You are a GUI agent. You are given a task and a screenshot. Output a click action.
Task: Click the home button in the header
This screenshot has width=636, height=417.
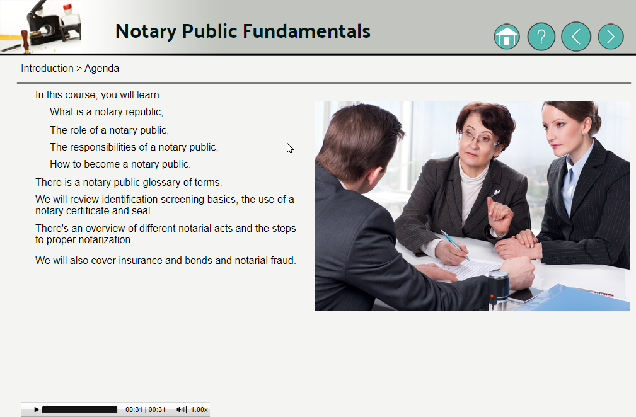tap(507, 37)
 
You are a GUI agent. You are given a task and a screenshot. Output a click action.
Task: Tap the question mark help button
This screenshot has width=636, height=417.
tap(541, 37)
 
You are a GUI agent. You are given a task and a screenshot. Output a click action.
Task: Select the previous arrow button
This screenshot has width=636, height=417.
tap(576, 37)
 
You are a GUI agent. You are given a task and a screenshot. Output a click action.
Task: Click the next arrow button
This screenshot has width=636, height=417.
tap(610, 37)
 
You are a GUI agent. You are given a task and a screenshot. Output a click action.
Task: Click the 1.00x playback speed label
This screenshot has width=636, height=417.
tap(199, 409)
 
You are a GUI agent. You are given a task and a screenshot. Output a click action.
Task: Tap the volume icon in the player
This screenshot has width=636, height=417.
tap(182, 409)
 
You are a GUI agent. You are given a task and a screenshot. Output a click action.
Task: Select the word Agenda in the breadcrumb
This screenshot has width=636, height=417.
tap(102, 69)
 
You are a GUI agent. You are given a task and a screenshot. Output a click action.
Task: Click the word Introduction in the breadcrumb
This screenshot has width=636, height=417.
tap(47, 68)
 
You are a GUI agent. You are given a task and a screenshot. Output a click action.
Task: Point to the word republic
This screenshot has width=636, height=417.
tap(144, 112)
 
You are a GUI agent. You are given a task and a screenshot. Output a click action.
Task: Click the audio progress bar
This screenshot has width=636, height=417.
tap(79, 409)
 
